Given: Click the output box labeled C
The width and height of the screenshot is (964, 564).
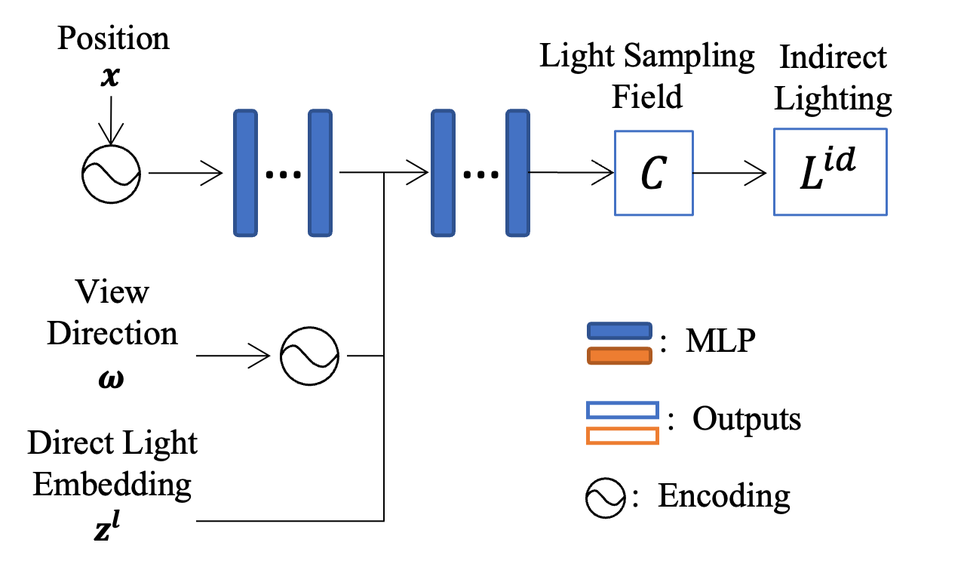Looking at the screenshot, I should pos(653,173).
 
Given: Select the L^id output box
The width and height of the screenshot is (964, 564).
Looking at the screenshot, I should pos(830,172).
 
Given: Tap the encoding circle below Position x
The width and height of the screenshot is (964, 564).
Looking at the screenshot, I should pos(112,174).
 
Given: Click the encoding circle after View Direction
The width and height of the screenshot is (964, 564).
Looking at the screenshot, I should pos(310,356).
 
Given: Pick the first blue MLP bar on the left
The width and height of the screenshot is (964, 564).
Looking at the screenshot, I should pos(245,173).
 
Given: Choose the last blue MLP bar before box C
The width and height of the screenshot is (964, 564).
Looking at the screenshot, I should pos(517,173).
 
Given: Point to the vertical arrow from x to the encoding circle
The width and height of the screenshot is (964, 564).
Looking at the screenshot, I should pos(112,117).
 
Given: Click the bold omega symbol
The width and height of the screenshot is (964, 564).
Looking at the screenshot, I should pos(112,377).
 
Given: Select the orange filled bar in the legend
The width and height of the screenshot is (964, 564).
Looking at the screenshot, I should pos(619,356).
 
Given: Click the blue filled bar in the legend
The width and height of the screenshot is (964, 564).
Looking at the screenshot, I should pos(619,331).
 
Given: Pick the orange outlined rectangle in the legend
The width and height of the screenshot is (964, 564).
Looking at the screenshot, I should pos(622,436).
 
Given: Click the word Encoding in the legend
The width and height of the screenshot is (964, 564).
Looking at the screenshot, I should pos(724,496).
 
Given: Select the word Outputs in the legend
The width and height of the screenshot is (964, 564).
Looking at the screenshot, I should pos(746,418).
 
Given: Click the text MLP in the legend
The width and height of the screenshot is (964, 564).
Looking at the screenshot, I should pos(720,342).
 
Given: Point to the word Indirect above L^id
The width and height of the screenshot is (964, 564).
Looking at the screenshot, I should pos(834,57).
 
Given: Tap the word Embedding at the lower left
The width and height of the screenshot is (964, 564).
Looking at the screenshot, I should pos(112,484).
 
